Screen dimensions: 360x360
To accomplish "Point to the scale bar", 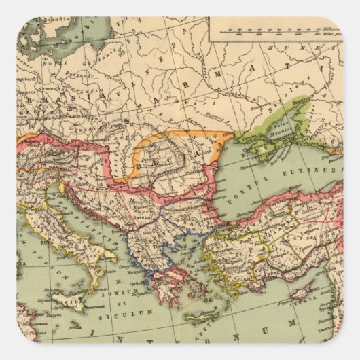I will click(272, 28).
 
